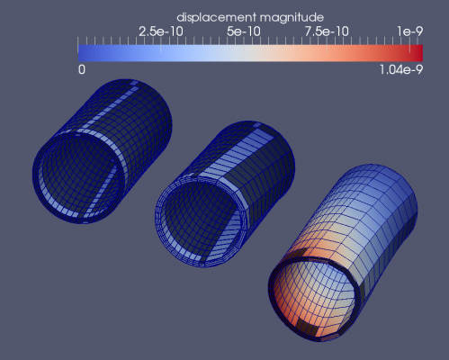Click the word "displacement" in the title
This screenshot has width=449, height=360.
tap(217, 18)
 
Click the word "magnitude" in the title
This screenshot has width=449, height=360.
tap(292, 18)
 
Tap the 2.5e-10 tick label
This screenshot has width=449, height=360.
tap(161, 31)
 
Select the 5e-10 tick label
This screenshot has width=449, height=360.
tap(244, 31)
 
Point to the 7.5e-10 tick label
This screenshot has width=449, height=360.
tap(327, 31)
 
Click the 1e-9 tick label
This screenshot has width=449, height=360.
tap(410, 31)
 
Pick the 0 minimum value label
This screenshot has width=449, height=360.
tap(82, 69)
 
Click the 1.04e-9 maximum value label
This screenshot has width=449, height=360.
tap(401, 70)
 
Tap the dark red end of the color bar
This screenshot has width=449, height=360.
tap(418, 53)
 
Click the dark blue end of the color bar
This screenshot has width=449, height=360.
tap(84, 53)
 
